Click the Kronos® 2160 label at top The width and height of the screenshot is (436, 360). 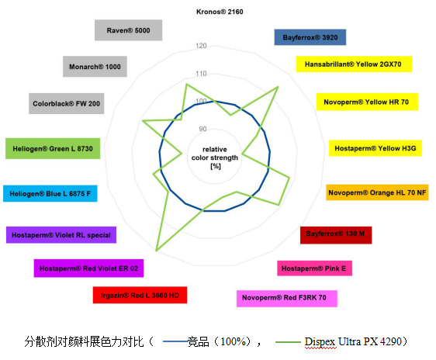(x=220, y=12)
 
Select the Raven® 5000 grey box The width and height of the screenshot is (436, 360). (x=128, y=30)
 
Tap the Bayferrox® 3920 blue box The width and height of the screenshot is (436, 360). (x=310, y=37)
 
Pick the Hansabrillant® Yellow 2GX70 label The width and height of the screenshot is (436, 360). (x=354, y=64)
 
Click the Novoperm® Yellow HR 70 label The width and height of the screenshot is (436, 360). (x=367, y=102)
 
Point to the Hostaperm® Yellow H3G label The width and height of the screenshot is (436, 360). (x=375, y=148)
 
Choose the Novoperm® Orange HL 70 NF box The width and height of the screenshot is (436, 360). (x=377, y=192)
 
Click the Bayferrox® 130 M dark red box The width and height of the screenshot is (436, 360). (x=336, y=235)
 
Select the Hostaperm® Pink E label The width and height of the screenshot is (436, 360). (x=314, y=268)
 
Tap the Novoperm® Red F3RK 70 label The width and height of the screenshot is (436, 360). (x=287, y=299)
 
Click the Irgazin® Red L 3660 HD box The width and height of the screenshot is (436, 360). (x=140, y=295)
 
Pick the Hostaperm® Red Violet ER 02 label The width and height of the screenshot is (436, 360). (x=88, y=268)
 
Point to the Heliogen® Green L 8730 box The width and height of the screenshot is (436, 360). (x=53, y=148)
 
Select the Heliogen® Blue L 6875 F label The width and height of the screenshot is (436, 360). (x=50, y=193)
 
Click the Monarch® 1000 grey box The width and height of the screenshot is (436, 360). (x=95, y=67)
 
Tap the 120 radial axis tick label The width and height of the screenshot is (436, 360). (x=201, y=46)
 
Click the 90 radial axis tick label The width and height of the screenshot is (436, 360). (x=202, y=129)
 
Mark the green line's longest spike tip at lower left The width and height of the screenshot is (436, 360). (x=157, y=251)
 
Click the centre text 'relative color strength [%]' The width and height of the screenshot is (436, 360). (x=215, y=157)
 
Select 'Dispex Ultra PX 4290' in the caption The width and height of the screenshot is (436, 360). (x=354, y=341)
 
